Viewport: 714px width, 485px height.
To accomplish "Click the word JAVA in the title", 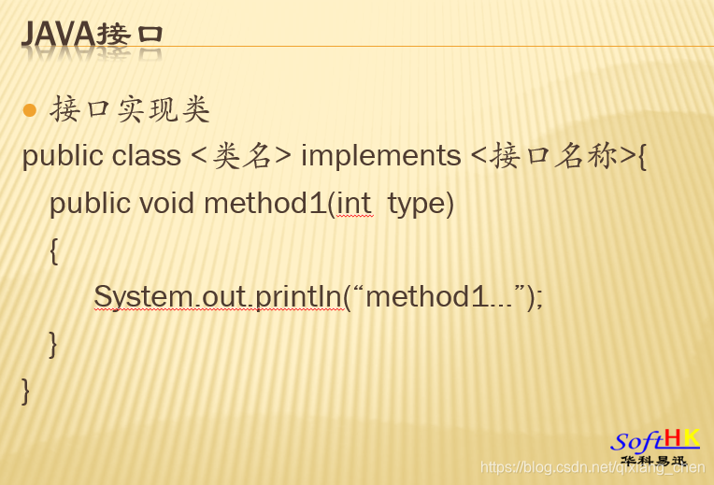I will pyautogui.click(x=58, y=34).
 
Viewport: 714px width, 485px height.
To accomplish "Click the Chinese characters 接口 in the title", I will pyautogui.click(x=131, y=35).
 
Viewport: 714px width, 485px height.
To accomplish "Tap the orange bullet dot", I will pyautogui.click(x=29, y=110).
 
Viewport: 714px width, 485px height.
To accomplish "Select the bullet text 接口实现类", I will pyautogui.click(x=130, y=109).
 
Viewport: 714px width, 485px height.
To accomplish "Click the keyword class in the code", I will pyautogui.click(x=147, y=155).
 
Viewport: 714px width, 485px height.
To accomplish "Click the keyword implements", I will pyautogui.click(x=381, y=155).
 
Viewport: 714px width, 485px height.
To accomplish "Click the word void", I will pyautogui.click(x=167, y=203).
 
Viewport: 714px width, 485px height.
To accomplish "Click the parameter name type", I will pyautogui.click(x=417, y=203).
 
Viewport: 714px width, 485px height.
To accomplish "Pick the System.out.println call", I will pyautogui.click(x=218, y=297).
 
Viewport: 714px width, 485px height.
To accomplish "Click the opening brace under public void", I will pyautogui.click(x=54, y=250).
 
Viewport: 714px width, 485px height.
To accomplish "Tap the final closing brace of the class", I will pyautogui.click(x=26, y=390).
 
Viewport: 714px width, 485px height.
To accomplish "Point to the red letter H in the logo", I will pyautogui.click(x=673, y=438).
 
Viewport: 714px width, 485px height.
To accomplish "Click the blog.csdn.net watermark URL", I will pyautogui.click(x=593, y=466).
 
